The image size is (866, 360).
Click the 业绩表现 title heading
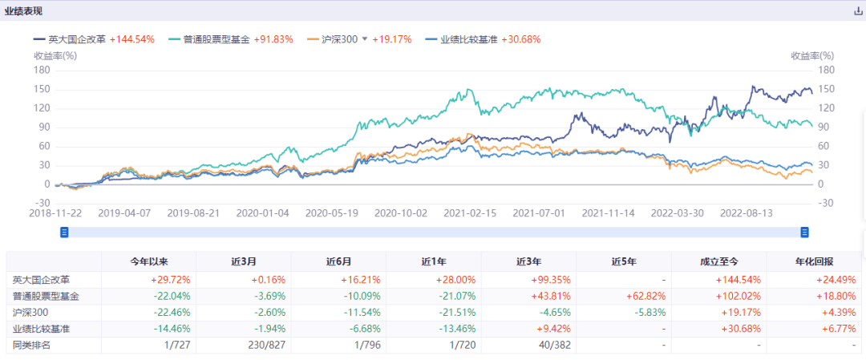25,11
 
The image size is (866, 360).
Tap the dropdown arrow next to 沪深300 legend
365,39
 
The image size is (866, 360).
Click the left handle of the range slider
65,233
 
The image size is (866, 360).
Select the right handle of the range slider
804,233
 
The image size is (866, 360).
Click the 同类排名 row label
31,345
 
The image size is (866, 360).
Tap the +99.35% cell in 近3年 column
549,280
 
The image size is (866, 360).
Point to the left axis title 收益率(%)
55,55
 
